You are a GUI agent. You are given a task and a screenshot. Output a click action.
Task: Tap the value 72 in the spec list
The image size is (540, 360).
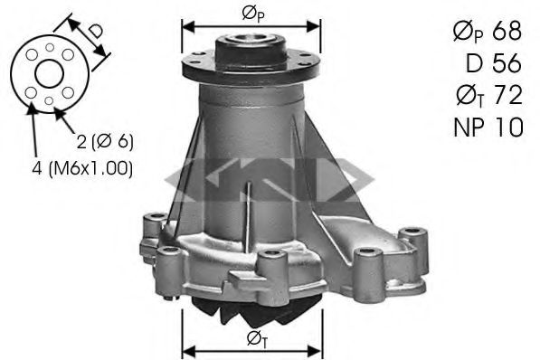point(507,94)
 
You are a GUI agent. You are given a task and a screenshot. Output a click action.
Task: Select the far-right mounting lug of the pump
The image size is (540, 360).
point(415,241)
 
